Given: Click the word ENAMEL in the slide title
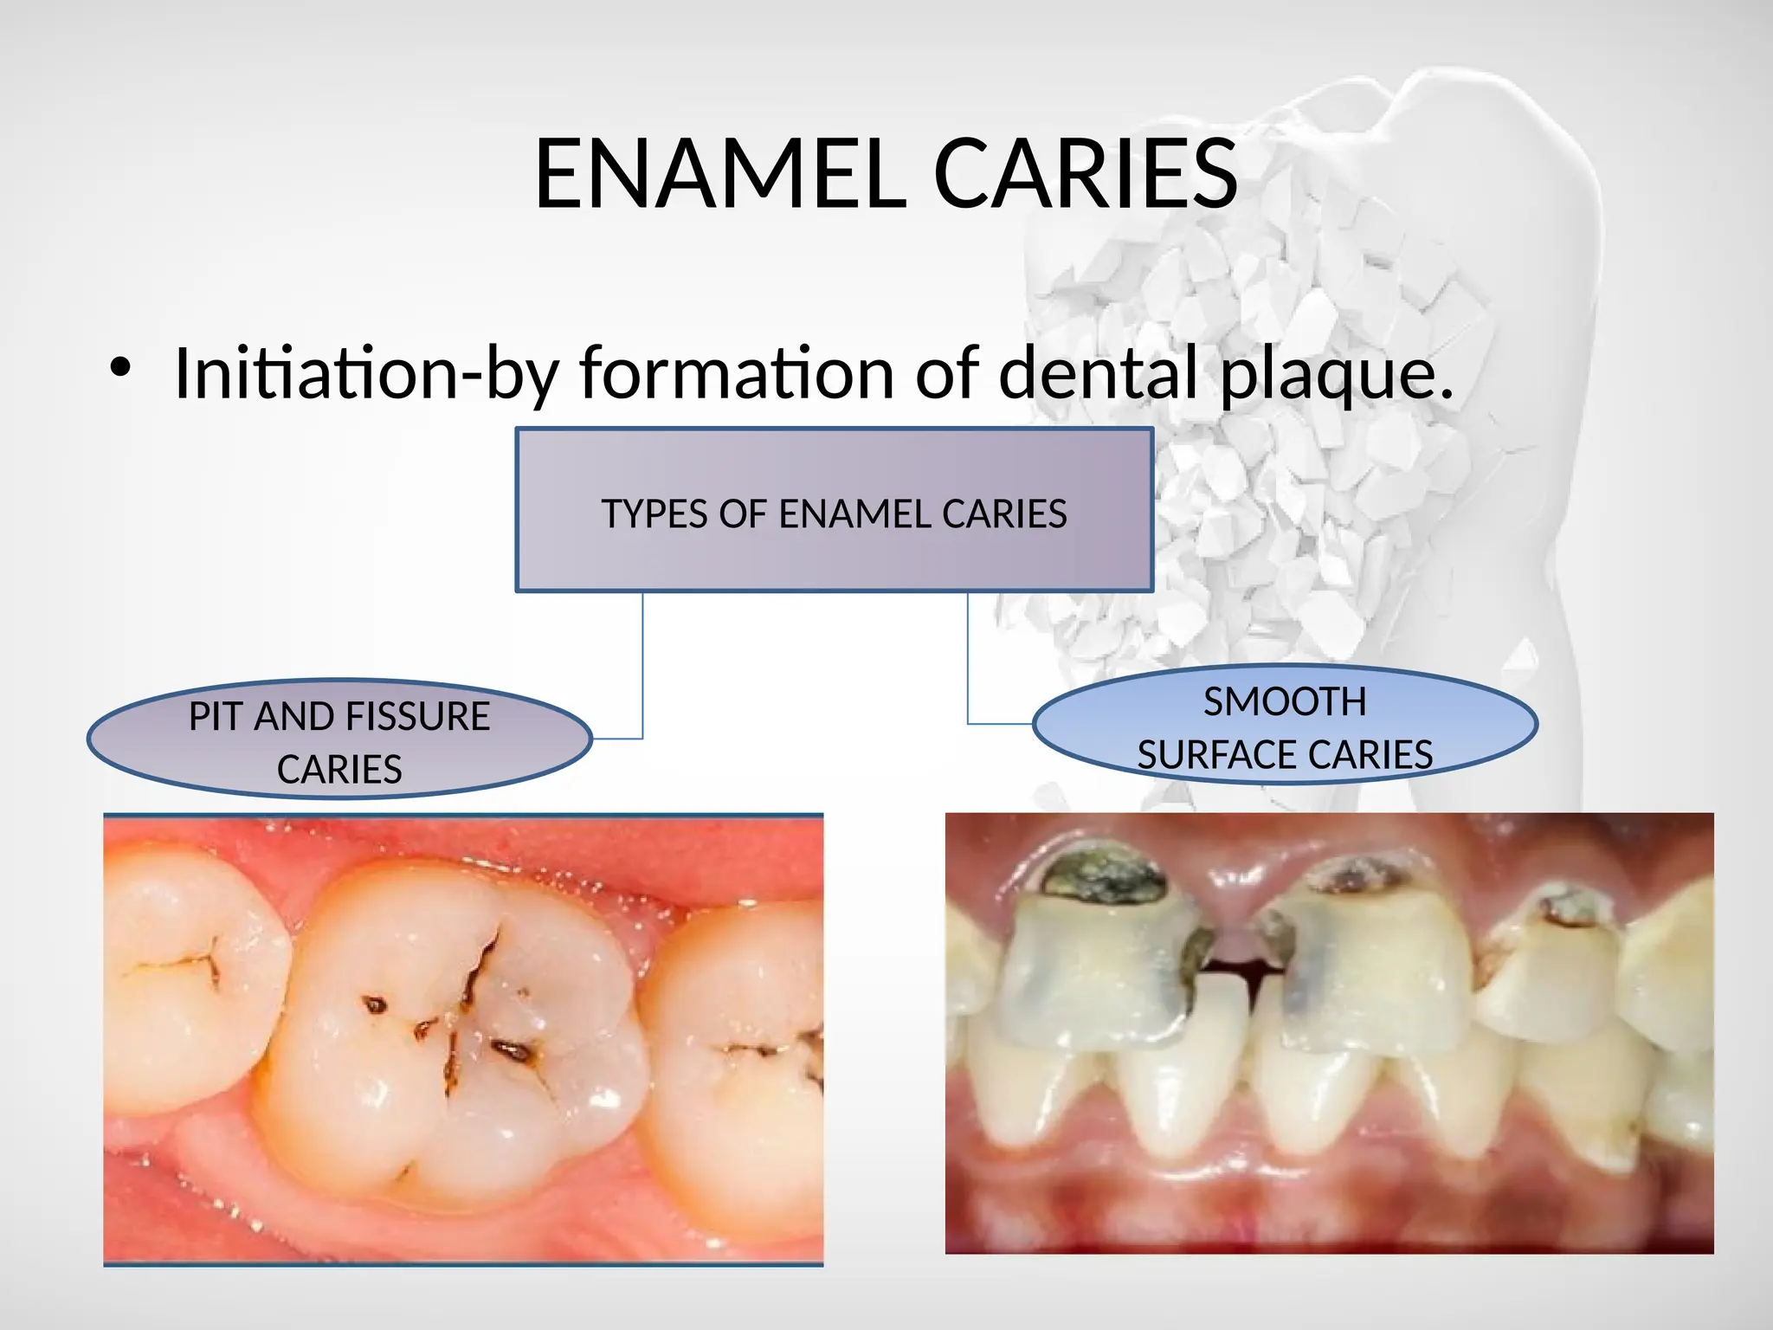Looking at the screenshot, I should [x=720, y=175].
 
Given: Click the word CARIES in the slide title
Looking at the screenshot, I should [x=1086, y=175].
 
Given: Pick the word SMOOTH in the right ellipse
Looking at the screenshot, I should [x=1285, y=702].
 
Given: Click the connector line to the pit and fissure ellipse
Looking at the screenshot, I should [x=642, y=667].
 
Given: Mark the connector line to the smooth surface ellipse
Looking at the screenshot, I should [x=968, y=658].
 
